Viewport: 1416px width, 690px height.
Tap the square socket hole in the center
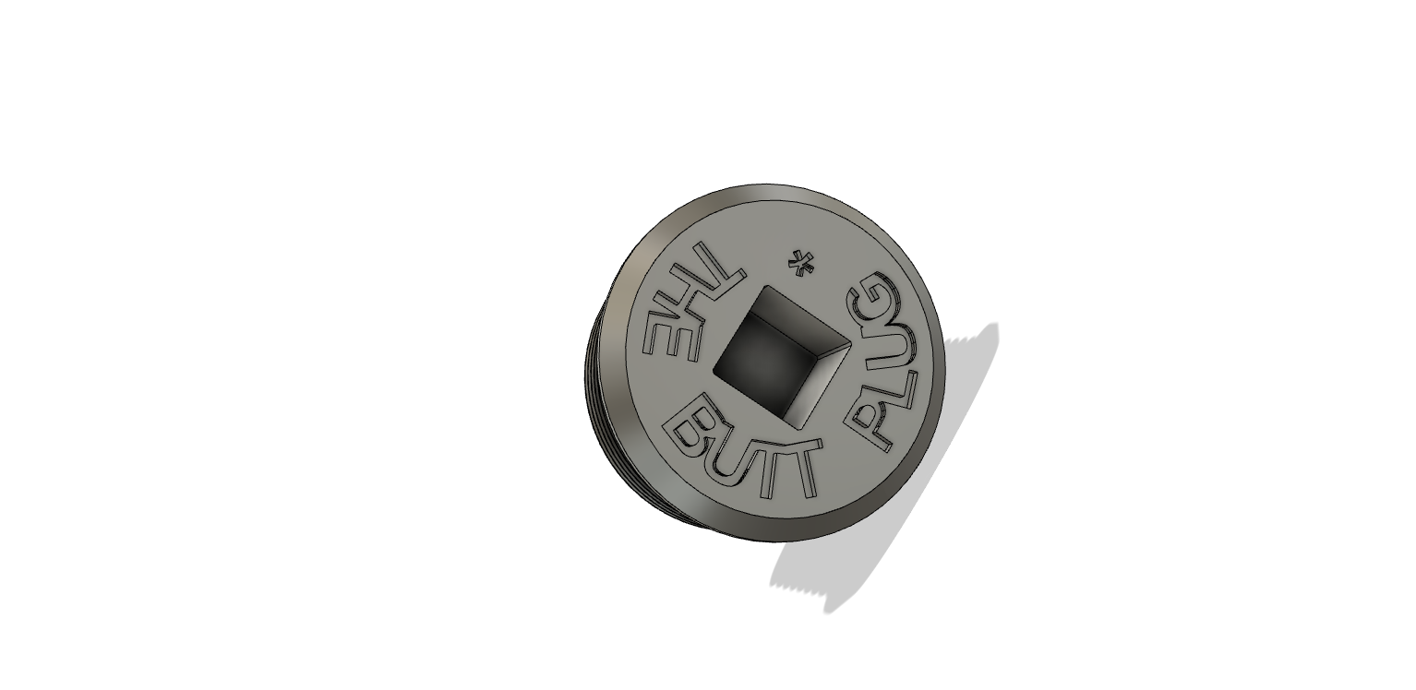coord(781,351)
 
